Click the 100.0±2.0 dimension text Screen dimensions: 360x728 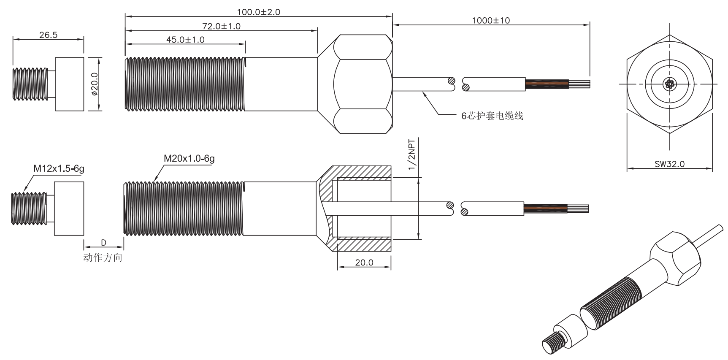point(258,12)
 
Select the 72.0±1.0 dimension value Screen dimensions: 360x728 point(221,26)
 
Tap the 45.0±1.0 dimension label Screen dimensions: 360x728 point(185,40)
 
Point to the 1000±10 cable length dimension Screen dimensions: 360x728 point(490,20)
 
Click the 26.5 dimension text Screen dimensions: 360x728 point(48,35)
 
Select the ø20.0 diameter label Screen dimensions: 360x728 point(94,84)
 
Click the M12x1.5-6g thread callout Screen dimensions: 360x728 point(59,169)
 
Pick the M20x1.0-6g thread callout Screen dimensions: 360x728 point(189,159)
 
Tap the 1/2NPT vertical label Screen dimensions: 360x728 point(411,154)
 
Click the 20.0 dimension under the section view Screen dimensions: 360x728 point(364,263)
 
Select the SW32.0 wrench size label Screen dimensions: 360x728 point(669,164)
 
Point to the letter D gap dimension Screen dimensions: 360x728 point(103,243)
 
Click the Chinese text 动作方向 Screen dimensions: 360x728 point(103,257)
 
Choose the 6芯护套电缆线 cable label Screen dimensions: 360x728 point(492,116)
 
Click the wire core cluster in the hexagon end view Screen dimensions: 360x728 point(669,84)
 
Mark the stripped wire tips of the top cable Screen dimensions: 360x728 point(580,84)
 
